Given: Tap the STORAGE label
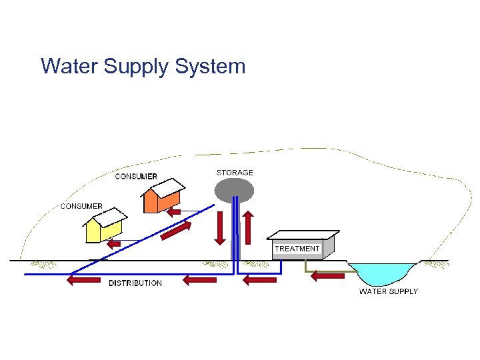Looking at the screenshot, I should [235, 173].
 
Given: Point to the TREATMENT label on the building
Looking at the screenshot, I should [297, 249].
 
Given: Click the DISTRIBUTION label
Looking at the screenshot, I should [135, 283].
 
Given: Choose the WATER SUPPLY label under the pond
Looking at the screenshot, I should [389, 291].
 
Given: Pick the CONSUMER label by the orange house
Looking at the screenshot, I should [136, 177].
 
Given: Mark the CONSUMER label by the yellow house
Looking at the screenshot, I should [81, 206].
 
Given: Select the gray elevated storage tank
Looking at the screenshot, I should [234, 190].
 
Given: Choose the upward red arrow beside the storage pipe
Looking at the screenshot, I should [248, 227].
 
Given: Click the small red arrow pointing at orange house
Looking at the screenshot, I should [175, 213].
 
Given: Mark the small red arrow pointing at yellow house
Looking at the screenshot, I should [115, 244].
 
